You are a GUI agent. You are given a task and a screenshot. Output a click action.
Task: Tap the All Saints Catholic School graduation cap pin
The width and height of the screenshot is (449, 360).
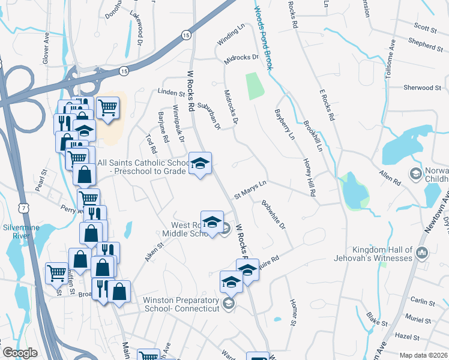tap(200, 163)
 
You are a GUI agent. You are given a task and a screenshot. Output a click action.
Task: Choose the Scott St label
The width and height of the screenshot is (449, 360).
tap(424, 26)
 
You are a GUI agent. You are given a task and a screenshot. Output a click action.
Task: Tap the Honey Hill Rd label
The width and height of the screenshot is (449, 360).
tap(309, 178)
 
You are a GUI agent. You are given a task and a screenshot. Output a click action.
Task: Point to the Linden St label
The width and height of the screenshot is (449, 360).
tap(170, 93)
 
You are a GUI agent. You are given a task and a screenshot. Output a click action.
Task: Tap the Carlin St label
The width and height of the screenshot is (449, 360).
tap(423, 301)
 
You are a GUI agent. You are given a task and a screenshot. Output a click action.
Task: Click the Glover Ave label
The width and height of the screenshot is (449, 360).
tap(47, 46)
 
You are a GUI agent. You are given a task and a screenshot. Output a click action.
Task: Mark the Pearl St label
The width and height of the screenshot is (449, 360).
tap(41, 181)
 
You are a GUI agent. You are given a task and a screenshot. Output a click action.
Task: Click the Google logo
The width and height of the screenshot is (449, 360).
tap(20, 353)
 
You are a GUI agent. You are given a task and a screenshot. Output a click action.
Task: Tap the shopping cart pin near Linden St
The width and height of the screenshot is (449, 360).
tap(107, 109)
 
